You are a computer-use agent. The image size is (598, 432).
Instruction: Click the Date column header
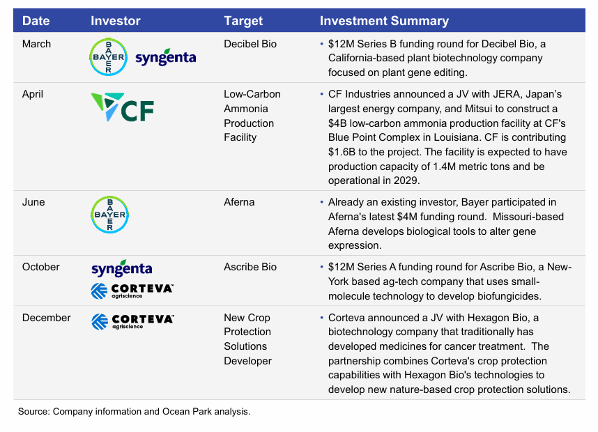pyautogui.click(x=36, y=21)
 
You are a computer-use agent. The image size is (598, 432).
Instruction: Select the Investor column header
pyautogui.click(x=116, y=21)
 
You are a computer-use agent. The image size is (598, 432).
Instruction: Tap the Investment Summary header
pyautogui.click(x=384, y=21)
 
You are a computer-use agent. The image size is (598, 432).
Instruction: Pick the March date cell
pyautogui.click(x=37, y=44)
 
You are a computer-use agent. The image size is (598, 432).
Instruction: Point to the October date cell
pyautogui.click(x=41, y=267)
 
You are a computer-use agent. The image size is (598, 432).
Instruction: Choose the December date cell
pyautogui.click(x=46, y=318)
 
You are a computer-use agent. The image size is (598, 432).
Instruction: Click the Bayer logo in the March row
pyautogui.click(x=109, y=57)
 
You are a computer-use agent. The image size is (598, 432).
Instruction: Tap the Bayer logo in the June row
pyautogui.click(x=110, y=215)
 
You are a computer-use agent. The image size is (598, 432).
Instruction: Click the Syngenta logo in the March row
pyautogui.click(x=165, y=59)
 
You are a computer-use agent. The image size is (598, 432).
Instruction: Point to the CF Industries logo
pyautogui.click(x=123, y=107)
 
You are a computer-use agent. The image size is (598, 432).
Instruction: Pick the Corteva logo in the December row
pyautogui.click(x=132, y=321)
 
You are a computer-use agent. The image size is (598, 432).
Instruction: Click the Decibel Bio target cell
pyautogui.click(x=250, y=44)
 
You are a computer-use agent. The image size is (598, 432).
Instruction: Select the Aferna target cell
pyautogui.click(x=239, y=202)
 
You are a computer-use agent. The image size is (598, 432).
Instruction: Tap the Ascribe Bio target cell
pyautogui.click(x=250, y=267)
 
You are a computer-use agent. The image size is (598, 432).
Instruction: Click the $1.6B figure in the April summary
pyautogui.click(x=344, y=152)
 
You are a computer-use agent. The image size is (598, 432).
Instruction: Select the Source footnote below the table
pyautogui.click(x=134, y=412)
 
